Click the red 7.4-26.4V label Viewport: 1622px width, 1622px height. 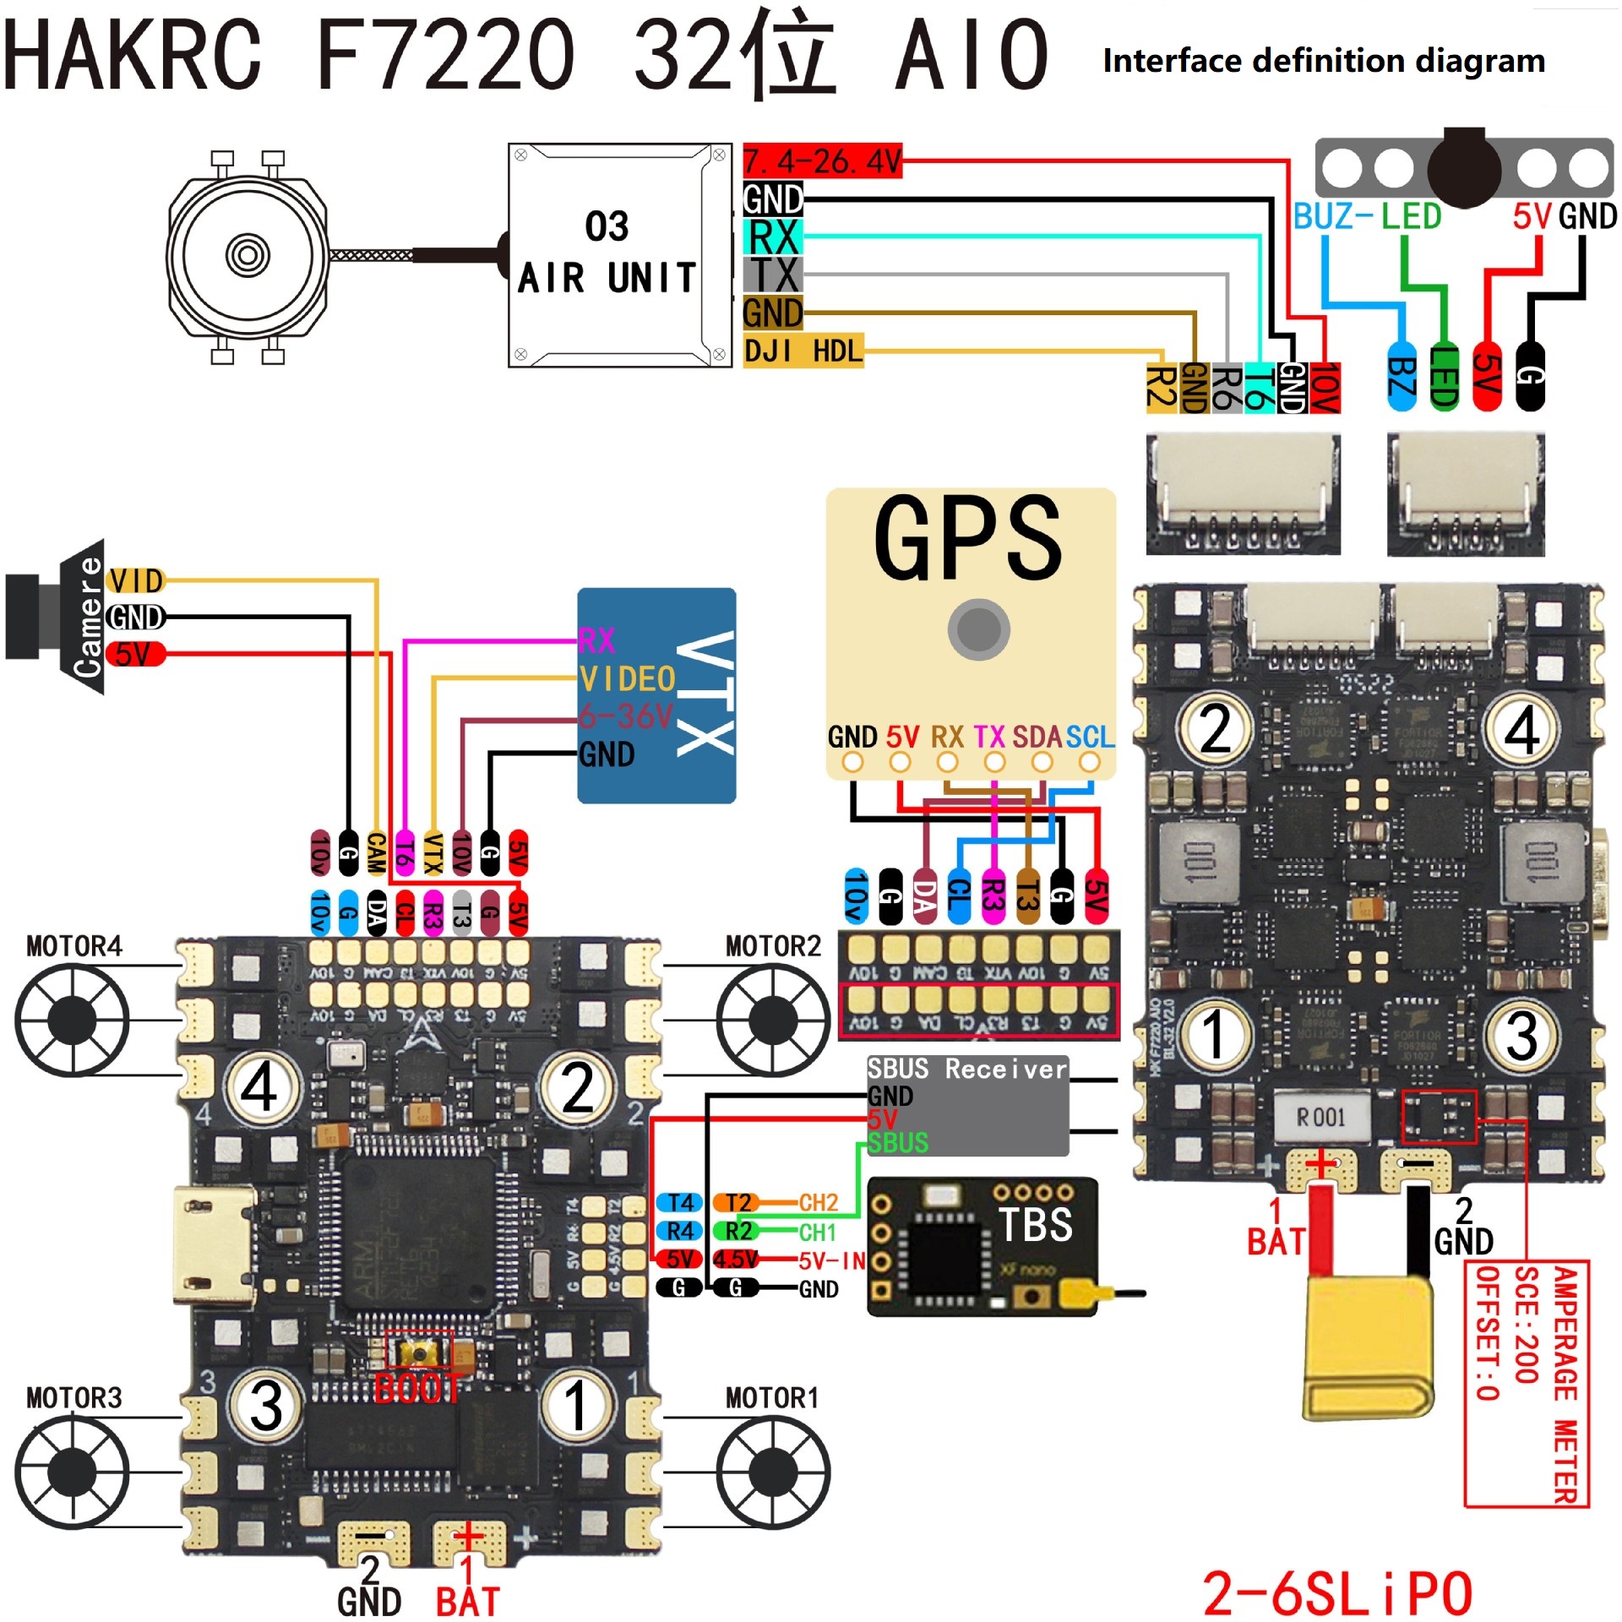(822, 161)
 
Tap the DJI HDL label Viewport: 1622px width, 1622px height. (803, 350)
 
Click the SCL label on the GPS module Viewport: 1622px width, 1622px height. (1090, 737)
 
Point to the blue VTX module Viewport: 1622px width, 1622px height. (656, 694)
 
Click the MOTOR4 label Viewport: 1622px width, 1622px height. (74, 946)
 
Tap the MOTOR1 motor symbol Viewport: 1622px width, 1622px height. (772, 1472)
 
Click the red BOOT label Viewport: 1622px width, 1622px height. (416, 1388)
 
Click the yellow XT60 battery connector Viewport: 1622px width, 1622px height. (1369, 1347)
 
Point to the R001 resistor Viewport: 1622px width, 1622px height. (1320, 1118)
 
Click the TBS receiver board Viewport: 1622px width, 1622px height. (982, 1246)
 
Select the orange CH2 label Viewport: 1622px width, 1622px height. (818, 1202)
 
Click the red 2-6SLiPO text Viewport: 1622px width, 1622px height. (1336, 1593)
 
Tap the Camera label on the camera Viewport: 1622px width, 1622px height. (89, 617)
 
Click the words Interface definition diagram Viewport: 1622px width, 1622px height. (1323, 61)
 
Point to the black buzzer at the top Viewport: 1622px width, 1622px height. (1464, 167)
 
